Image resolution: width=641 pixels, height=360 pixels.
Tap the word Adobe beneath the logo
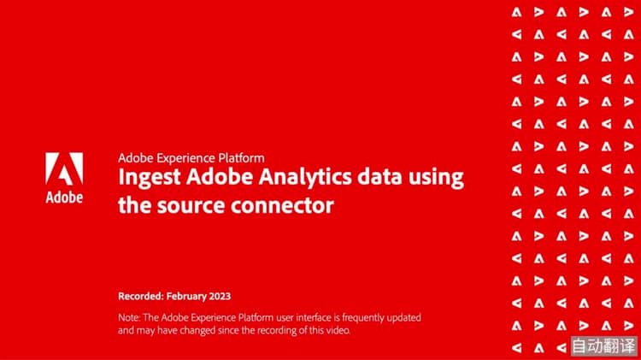[x=63, y=198]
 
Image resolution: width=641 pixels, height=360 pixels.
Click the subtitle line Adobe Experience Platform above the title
[x=191, y=157]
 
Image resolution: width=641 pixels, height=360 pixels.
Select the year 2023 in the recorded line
[x=218, y=296]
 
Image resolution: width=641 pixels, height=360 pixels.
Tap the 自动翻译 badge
[x=603, y=347]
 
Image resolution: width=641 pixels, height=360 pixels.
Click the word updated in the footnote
[x=402, y=317]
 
